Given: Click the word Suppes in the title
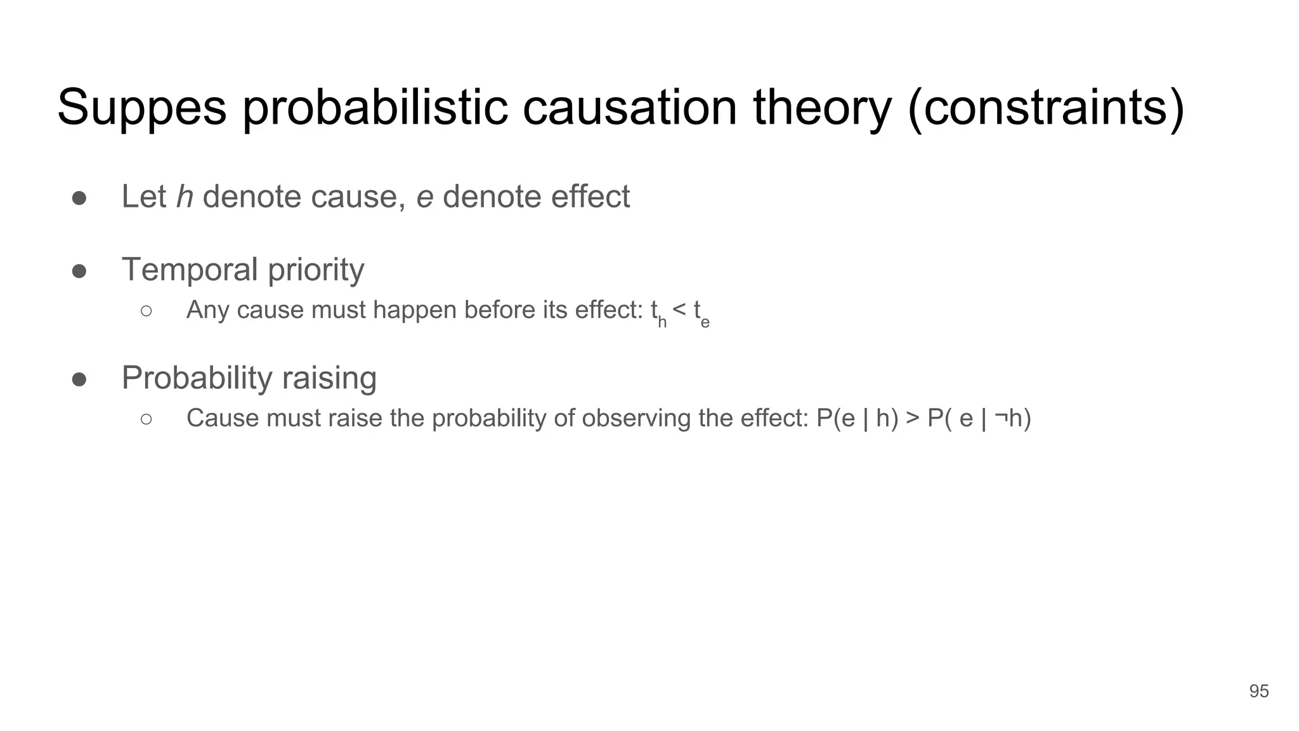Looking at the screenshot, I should click(141, 108).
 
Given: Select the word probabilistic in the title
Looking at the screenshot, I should click(375, 108).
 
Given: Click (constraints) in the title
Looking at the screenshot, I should click(1046, 108).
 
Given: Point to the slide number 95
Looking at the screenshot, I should click(1258, 691).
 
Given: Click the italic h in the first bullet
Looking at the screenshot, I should click(185, 196).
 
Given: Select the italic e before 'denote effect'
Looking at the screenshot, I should click(424, 196).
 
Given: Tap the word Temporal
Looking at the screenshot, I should click(190, 269).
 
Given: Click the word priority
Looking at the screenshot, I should click(316, 270).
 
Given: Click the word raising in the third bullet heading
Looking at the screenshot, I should click(329, 379).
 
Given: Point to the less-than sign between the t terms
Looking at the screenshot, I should click(679, 310).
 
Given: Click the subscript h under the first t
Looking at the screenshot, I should click(662, 322).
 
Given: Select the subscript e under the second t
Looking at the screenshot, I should click(705, 323).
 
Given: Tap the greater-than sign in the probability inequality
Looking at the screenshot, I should click(913, 419).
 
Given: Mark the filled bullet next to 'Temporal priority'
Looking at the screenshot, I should click(79, 271).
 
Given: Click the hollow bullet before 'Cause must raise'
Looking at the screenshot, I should click(147, 419).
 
